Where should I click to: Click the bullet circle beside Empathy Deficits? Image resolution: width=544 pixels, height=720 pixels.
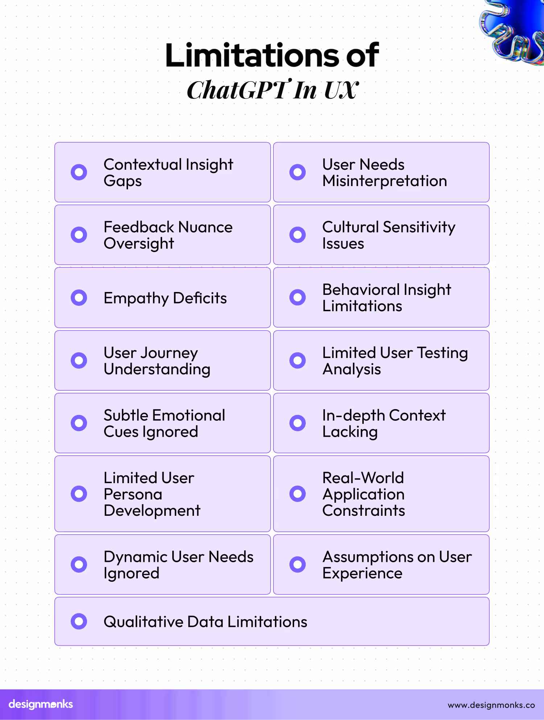[79, 298]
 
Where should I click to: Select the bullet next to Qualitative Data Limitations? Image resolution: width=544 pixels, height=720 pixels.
[79, 621]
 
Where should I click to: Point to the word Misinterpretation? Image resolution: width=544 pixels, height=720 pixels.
[384, 181]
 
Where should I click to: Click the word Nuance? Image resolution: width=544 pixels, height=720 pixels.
[205, 227]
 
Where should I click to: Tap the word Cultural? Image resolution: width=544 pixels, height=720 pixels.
[350, 227]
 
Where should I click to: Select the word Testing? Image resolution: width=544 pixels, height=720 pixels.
[442, 353]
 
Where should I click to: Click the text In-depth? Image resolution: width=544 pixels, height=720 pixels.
[354, 416]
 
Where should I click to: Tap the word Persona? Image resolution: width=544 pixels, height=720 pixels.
[133, 494]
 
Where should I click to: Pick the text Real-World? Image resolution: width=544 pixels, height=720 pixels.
[363, 478]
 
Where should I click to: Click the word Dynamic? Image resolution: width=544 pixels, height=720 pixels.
[135, 557]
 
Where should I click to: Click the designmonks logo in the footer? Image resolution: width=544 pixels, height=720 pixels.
[41, 704]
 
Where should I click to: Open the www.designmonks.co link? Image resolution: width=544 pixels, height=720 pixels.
[491, 705]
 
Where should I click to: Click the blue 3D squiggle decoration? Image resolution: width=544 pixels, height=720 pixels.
[515, 31]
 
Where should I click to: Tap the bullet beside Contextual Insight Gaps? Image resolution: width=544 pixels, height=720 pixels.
[79, 172]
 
